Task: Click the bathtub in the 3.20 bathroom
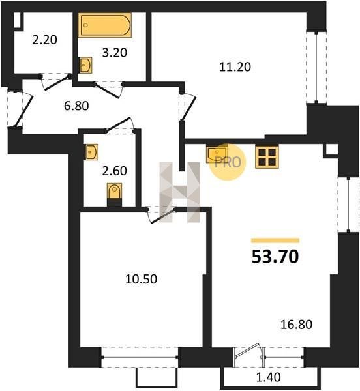[x=105, y=25]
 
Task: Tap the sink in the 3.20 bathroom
[x=85, y=65]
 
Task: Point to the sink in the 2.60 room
[x=91, y=152]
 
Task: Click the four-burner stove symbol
[x=267, y=157]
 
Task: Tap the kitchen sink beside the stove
[x=217, y=154]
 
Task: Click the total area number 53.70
[x=275, y=257]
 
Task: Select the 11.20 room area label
[x=235, y=67]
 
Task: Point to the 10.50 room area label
[x=141, y=279]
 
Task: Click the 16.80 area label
[x=296, y=325]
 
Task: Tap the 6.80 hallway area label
[x=76, y=106]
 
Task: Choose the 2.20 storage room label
[x=44, y=40]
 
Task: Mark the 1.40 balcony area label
[x=269, y=377]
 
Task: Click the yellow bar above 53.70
[x=275, y=240]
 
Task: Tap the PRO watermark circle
[x=227, y=162]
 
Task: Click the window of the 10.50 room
[x=140, y=357]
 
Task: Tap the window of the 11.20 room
[x=316, y=67]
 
